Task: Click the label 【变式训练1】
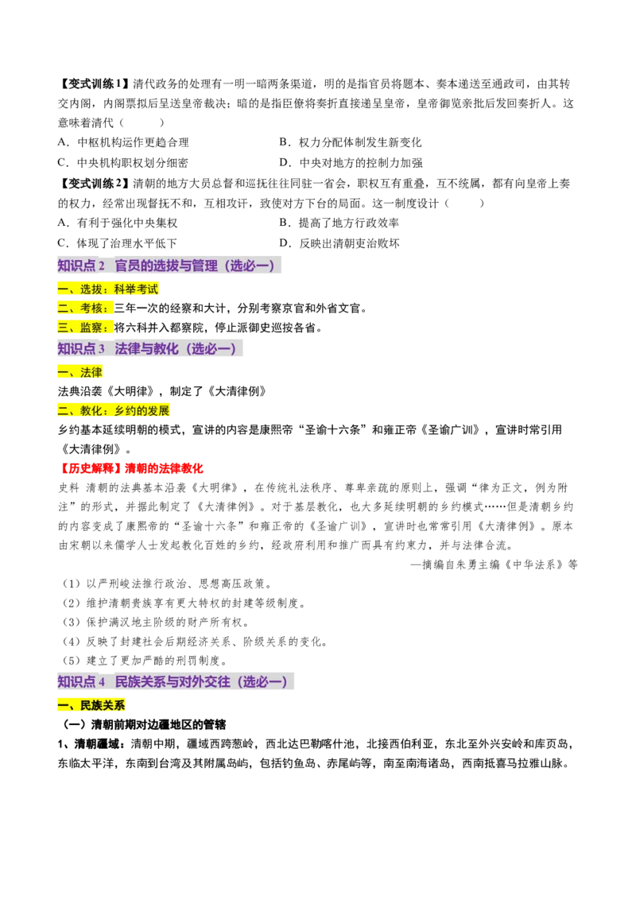coord(94,84)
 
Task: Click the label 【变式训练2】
coord(94,184)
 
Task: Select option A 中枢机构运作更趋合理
coord(123,142)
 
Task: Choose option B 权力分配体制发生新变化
coord(351,142)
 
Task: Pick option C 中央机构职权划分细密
coord(123,163)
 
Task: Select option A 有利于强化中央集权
coord(118,223)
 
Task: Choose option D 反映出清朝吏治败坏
coord(339,243)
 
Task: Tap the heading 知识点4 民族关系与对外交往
coord(175,681)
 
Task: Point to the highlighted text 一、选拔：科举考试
coord(108,289)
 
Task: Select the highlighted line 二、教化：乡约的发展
coord(114,411)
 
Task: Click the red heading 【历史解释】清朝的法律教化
coord(131,468)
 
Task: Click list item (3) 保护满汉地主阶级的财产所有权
coord(156,623)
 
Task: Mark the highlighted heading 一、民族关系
coord(91,705)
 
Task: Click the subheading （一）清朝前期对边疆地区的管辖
coord(144,725)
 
